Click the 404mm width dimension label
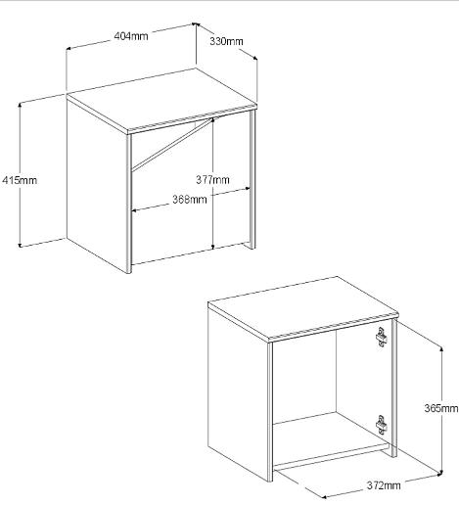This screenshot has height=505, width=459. coord(131,36)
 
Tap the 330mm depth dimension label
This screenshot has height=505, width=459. coord(226,41)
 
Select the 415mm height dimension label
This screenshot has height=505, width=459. coord(20,180)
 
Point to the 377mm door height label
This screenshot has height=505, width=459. coord(212,179)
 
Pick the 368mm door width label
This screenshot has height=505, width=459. coord(190,199)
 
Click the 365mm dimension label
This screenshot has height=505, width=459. coord(441,408)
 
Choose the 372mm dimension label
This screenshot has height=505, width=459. coord(384,485)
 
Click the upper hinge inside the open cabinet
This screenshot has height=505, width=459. coord(381,337)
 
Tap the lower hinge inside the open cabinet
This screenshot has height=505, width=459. coord(381,425)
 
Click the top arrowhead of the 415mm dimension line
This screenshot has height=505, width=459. coord(21,105)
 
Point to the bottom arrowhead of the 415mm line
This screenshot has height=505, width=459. coord(21,245)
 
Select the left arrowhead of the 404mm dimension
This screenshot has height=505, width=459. coord(69,49)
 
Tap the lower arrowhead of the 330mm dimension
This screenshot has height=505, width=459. coord(254,58)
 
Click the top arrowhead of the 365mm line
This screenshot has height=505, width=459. coord(441,349)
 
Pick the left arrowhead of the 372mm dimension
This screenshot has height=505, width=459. coord(324,497)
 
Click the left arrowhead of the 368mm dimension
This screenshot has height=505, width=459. coord(134,210)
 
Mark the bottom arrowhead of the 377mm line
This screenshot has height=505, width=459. coord(212,247)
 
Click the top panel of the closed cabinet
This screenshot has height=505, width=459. coord(161,99)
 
